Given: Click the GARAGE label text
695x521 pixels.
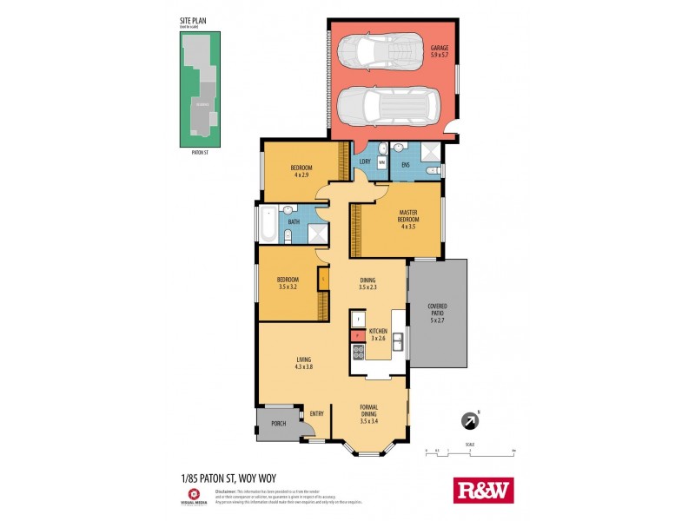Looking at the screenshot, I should point(440,48).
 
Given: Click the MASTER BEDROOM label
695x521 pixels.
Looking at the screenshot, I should point(408,215).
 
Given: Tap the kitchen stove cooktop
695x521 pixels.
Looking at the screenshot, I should point(357,352).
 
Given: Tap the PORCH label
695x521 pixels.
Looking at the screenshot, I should point(278,424).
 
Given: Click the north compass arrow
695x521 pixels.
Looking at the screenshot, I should point(470,421).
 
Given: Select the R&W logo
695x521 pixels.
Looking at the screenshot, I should point(484,490).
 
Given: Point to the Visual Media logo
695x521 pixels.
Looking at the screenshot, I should point(196,493).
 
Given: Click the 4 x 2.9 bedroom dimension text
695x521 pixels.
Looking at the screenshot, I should point(301,175).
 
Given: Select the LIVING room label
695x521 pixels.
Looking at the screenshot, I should point(302,363).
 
